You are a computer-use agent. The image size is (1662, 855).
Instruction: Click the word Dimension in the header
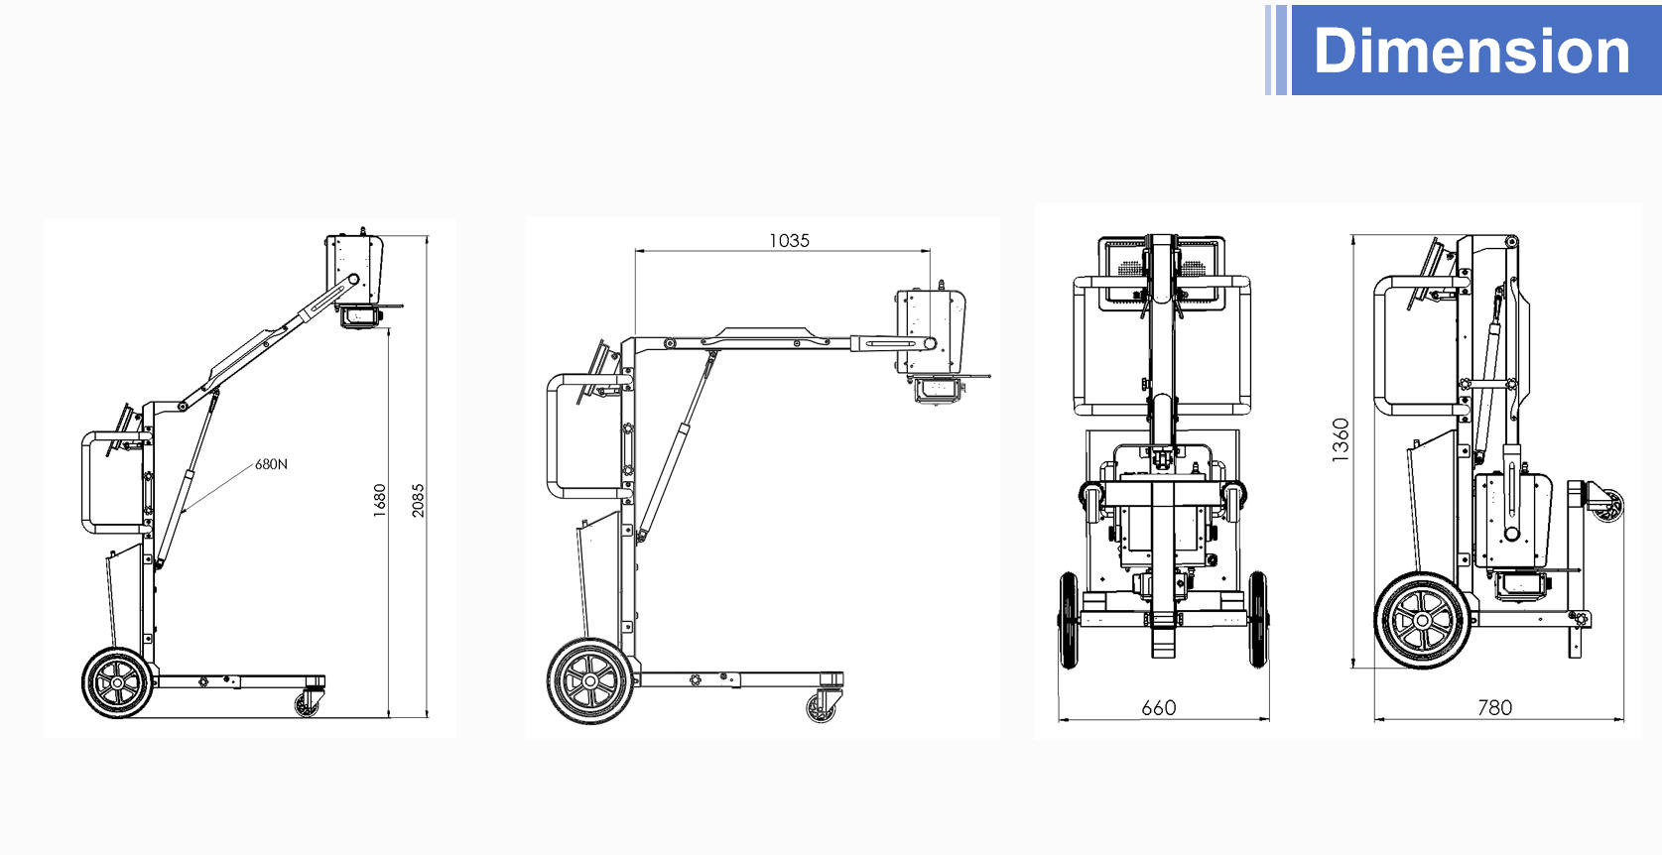pyautogui.click(x=1471, y=51)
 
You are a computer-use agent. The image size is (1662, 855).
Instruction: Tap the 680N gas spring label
pyautogui.click(x=271, y=464)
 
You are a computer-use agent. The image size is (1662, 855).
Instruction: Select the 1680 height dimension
pyautogui.click(x=379, y=500)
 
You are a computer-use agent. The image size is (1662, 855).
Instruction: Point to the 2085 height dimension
pyautogui.click(x=418, y=500)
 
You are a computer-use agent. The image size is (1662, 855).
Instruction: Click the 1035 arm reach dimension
pyautogui.click(x=789, y=240)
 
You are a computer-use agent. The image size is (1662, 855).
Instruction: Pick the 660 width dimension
pyautogui.click(x=1158, y=707)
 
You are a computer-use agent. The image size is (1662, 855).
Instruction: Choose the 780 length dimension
pyautogui.click(x=1494, y=707)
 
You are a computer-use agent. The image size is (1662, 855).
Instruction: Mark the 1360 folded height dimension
pyautogui.click(x=1340, y=439)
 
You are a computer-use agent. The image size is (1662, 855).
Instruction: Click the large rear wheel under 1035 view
pyautogui.click(x=590, y=680)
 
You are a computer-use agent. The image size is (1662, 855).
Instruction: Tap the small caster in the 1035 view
pyautogui.click(x=822, y=707)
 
